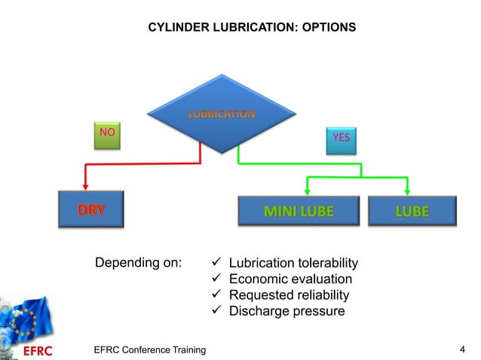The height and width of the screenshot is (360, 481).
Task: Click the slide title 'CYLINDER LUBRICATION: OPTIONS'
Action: coord(251,28)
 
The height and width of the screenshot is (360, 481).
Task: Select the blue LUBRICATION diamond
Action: coord(220,114)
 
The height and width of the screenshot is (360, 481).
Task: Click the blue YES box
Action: coord(341,139)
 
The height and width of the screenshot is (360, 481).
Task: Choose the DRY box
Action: coord(90,209)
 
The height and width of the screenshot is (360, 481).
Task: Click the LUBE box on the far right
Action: coord(412,210)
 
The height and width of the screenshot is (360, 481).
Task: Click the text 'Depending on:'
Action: coord(138,263)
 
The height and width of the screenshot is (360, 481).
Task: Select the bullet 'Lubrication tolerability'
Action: coord(293,263)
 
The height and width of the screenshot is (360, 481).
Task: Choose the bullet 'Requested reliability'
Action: coord(289,294)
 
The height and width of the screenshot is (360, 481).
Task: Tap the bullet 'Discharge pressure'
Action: coord(286,310)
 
